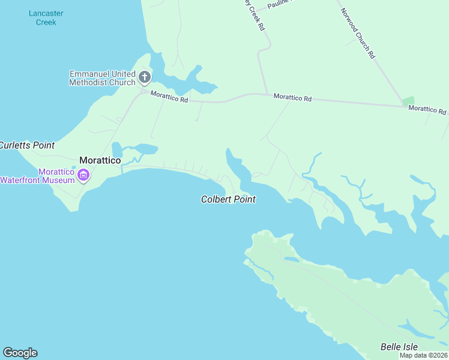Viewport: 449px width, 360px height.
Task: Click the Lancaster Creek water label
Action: [x=46, y=17]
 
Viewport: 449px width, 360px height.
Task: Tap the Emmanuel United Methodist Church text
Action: [x=102, y=78]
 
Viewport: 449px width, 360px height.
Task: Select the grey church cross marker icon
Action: [x=144, y=77]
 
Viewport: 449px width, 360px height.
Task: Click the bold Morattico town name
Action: [x=100, y=161]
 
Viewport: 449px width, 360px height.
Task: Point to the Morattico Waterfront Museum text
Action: [x=37, y=175]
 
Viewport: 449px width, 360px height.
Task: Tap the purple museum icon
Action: [x=83, y=176]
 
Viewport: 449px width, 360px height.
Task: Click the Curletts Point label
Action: [x=26, y=145]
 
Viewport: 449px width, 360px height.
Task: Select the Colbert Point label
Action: [x=228, y=199]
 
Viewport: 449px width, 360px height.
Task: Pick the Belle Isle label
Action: [x=399, y=347]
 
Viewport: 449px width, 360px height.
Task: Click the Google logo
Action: [x=20, y=353]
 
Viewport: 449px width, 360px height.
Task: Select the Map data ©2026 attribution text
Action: [x=423, y=355]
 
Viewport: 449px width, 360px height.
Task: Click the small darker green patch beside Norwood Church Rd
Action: [x=408, y=101]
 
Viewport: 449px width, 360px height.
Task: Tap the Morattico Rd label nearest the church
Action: [x=169, y=97]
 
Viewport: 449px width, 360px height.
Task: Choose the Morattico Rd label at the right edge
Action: [x=427, y=110]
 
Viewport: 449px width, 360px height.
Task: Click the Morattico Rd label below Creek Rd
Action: [x=292, y=97]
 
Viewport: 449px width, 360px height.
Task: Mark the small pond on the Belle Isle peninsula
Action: [x=292, y=259]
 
